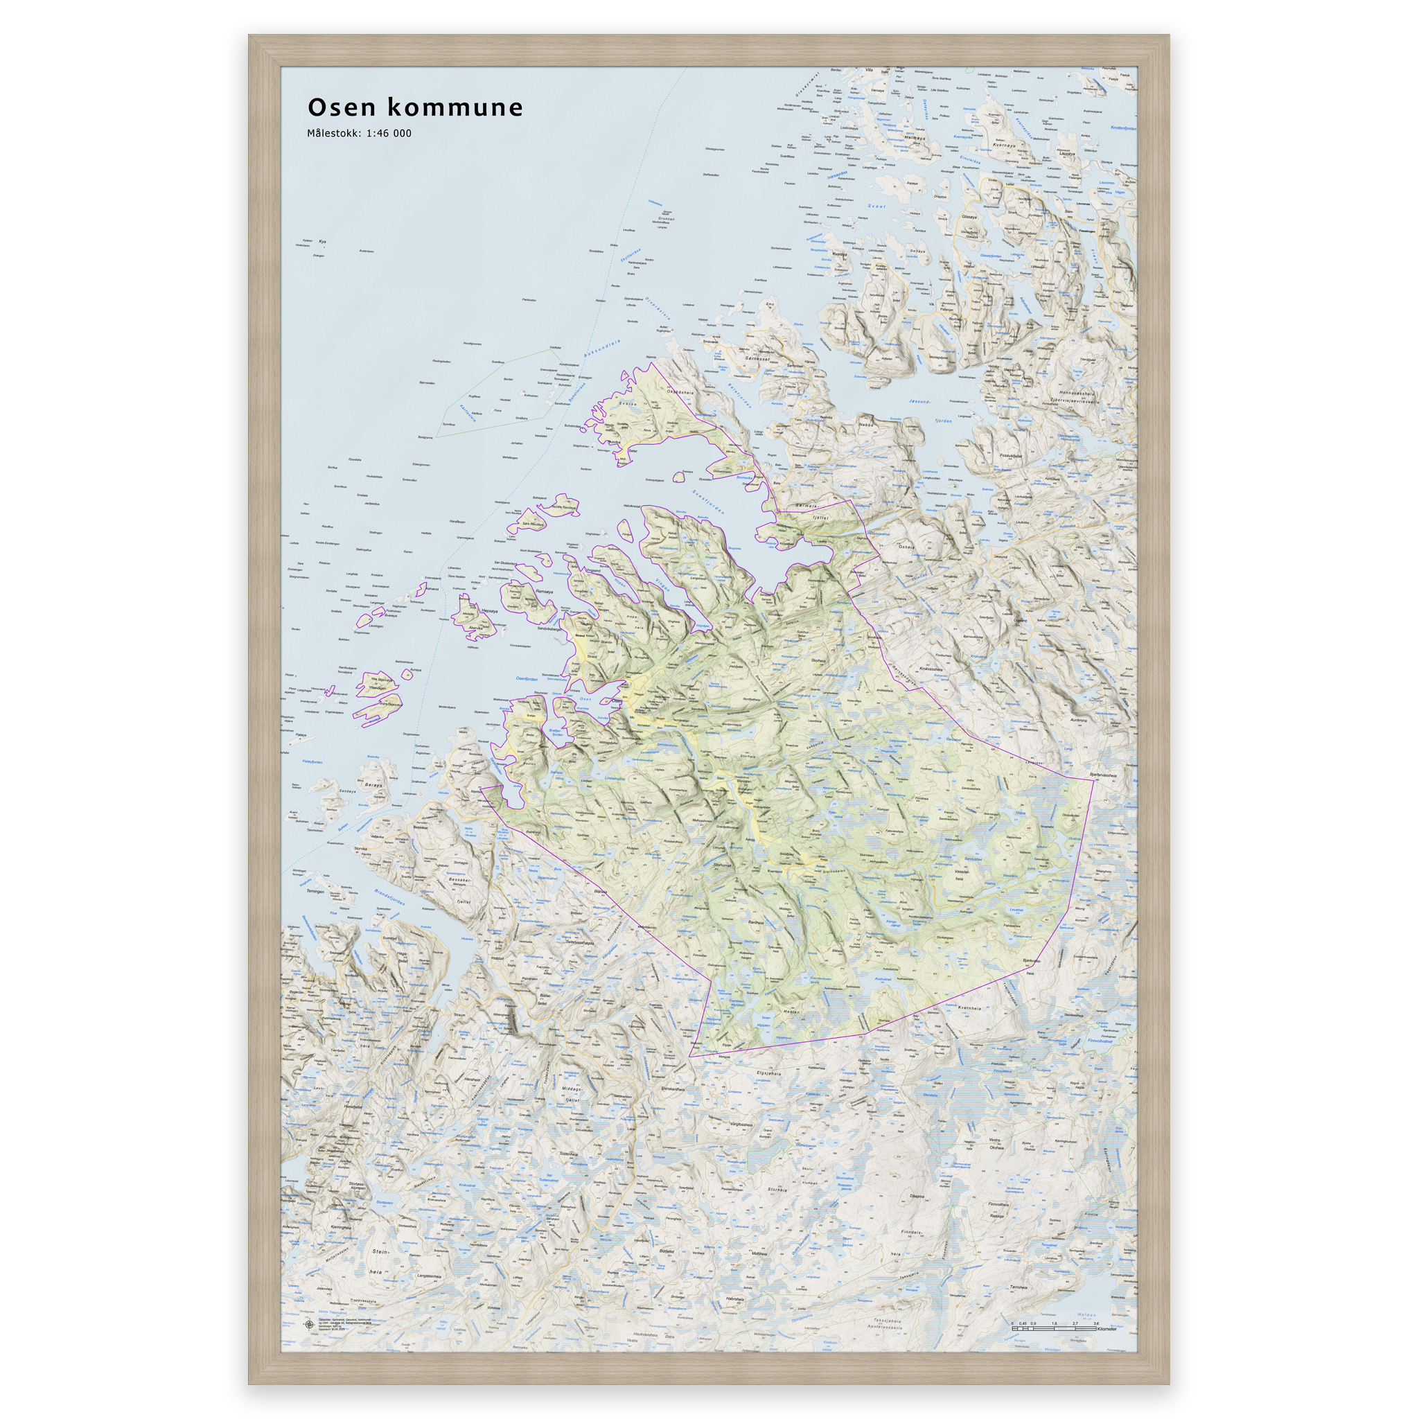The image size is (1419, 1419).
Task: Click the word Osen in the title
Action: (342, 107)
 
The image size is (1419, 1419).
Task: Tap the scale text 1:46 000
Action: (389, 134)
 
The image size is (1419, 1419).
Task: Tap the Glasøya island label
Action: (969, 218)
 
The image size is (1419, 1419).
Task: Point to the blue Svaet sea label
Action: (877, 207)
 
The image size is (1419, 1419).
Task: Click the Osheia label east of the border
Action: (908, 546)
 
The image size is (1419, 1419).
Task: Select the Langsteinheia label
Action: (429, 1276)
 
